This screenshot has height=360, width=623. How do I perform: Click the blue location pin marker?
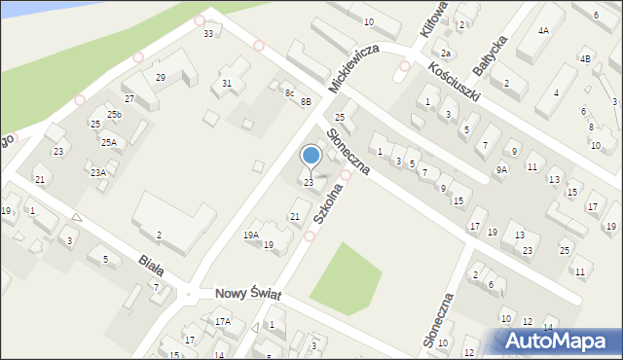click(x=311, y=157)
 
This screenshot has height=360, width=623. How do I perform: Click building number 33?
click(x=207, y=34)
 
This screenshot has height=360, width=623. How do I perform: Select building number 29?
click(x=161, y=78)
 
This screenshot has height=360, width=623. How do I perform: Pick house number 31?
click(x=227, y=84)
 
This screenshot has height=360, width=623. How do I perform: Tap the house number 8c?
click(x=289, y=93)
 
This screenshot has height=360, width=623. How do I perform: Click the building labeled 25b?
click(x=114, y=115)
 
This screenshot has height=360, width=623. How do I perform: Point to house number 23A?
click(x=98, y=172)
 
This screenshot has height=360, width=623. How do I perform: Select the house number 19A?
click(x=250, y=234)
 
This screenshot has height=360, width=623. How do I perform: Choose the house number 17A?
click(x=223, y=321)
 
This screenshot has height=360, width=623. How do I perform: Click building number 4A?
click(x=543, y=31)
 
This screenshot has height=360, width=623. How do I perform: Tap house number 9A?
click(x=501, y=169)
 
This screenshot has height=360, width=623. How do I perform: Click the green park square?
click(x=345, y=271)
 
